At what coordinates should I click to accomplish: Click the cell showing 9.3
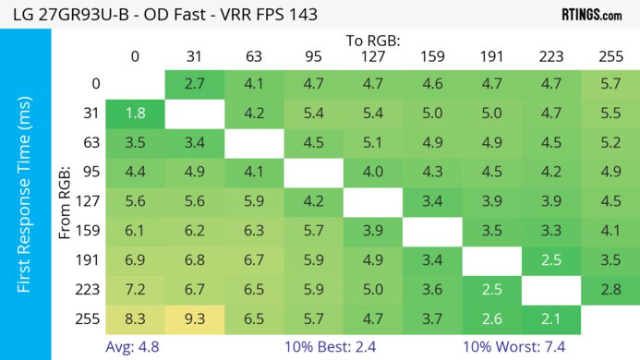pyautogui.click(x=195, y=319)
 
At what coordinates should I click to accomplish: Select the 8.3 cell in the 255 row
pyautogui.click(x=135, y=319)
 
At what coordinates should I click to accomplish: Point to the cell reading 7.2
pyautogui.click(x=135, y=291)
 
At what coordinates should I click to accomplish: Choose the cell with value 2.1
pyautogui.click(x=551, y=319)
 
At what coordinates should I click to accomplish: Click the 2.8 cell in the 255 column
pyautogui.click(x=610, y=291)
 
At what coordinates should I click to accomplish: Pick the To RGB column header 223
pyautogui.click(x=551, y=55)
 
